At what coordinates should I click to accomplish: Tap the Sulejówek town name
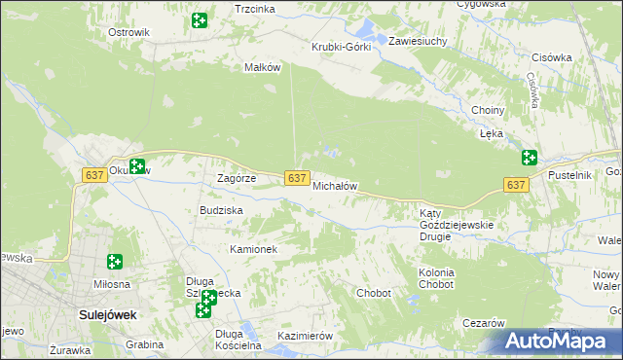pyautogui.click(x=107, y=315)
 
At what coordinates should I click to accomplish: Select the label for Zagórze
pyautogui.click(x=236, y=179)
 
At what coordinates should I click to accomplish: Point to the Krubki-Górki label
pyautogui.click(x=341, y=47)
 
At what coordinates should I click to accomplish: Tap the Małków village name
pyautogui.click(x=262, y=67)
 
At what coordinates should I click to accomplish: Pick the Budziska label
pyautogui.click(x=221, y=210)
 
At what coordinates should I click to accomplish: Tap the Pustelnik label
pyautogui.click(x=570, y=174)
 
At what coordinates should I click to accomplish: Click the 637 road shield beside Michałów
pyautogui.click(x=298, y=177)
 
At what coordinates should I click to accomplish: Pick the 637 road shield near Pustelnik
pyautogui.click(x=516, y=185)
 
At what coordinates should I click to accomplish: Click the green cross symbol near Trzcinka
pyautogui.click(x=200, y=20)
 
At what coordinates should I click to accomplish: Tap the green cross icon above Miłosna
pyautogui.click(x=115, y=261)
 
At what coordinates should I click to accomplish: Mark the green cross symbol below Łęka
pyautogui.click(x=530, y=157)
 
